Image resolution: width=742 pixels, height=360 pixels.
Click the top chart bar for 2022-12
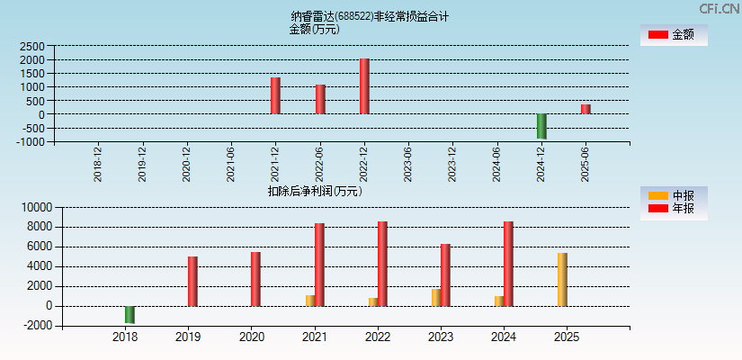click(364, 86)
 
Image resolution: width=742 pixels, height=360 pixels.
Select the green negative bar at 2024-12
click(541, 126)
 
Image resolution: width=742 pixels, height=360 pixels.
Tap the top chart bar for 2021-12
click(275, 95)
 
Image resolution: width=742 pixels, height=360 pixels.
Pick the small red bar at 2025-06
click(586, 109)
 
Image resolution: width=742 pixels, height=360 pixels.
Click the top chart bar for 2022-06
click(320, 99)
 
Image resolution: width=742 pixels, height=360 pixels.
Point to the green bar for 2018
click(130, 314)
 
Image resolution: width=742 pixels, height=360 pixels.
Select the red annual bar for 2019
click(192, 281)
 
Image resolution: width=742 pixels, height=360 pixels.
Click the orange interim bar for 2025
click(562, 279)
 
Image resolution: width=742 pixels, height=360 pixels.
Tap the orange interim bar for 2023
click(435, 297)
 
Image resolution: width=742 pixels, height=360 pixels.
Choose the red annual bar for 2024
click(508, 264)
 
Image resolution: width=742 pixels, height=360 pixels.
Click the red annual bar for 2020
click(255, 279)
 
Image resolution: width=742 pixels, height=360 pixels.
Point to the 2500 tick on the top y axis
click(31, 46)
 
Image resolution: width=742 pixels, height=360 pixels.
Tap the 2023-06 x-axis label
click(408, 164)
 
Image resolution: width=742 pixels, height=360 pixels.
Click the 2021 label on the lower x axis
click(315, 337)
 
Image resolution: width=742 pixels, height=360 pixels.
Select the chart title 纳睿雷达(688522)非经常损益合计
click(370, 16)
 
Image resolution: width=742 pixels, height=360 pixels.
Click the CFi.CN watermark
click(720, 8)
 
